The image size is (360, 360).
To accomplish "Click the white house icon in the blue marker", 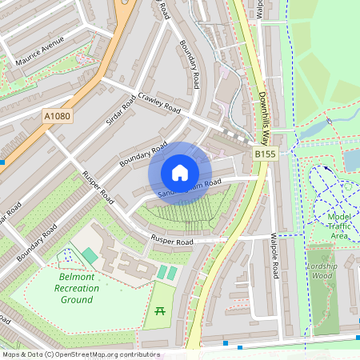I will [180, 172].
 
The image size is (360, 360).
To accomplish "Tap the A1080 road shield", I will [56, 117].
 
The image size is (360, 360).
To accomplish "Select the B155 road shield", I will [265, 153].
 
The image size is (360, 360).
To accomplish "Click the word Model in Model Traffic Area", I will [338, 216].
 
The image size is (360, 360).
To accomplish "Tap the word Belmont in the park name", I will [76, 277].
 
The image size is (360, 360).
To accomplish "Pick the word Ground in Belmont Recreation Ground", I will [76, 299].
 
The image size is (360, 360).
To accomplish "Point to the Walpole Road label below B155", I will [274, 255].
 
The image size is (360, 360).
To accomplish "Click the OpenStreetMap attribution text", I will [80, 354].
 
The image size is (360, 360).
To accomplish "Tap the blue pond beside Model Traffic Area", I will [352, 160].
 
